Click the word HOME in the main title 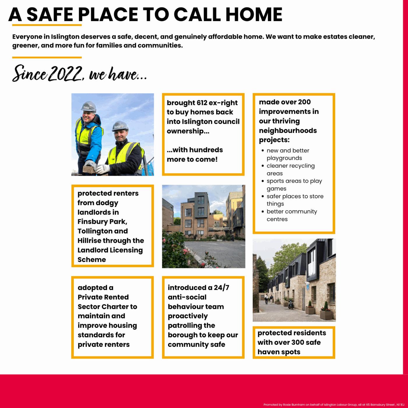coord(254,14)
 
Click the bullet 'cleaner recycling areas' coord(290,169)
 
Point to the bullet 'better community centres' coord(291,215)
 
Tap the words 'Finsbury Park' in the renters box coord(102,222)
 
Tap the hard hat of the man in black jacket coord(120,125)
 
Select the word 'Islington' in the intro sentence coord(65,37)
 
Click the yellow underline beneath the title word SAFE coord(54,25)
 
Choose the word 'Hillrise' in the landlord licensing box coord(89,241)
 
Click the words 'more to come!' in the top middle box coord(192,159)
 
